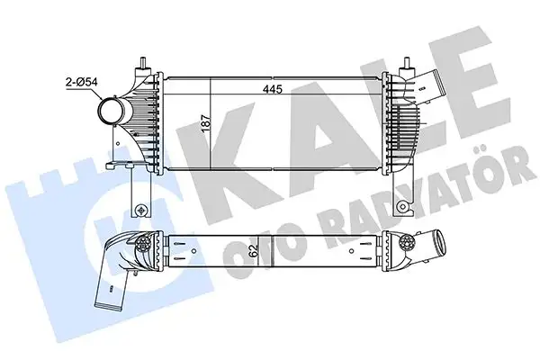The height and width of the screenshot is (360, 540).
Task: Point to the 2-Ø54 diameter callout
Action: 80,81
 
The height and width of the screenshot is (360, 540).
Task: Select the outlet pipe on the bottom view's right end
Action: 443,248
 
